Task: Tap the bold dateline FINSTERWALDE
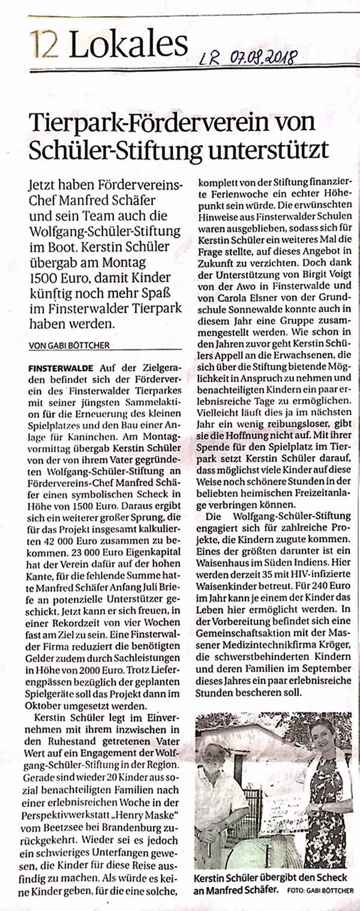pyautogui.click(x=58, y=366)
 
